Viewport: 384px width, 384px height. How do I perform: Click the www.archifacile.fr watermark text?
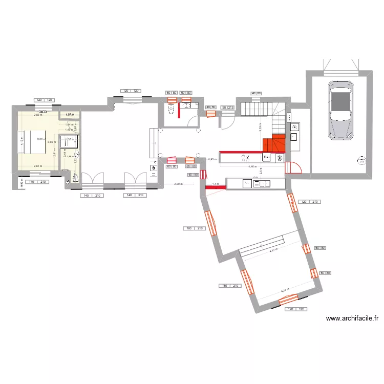(352, 318)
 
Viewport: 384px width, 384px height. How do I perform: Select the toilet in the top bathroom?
(170, 108)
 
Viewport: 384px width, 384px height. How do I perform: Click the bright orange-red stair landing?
(273, 144)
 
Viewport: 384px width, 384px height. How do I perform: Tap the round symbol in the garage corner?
(361, 161)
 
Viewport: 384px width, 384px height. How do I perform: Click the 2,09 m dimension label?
(178, 184)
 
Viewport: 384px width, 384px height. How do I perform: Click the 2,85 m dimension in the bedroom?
(37, 115)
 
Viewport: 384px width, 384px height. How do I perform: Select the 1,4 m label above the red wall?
(216, 183)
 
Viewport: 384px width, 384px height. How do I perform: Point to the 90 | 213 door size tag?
(227, 108)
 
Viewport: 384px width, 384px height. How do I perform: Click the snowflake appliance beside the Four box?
(280, 158)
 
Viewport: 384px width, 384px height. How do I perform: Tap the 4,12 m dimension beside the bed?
(22, 141)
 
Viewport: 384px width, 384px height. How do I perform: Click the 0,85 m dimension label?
(212, 159)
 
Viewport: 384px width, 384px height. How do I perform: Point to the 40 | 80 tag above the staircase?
(255, 93)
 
